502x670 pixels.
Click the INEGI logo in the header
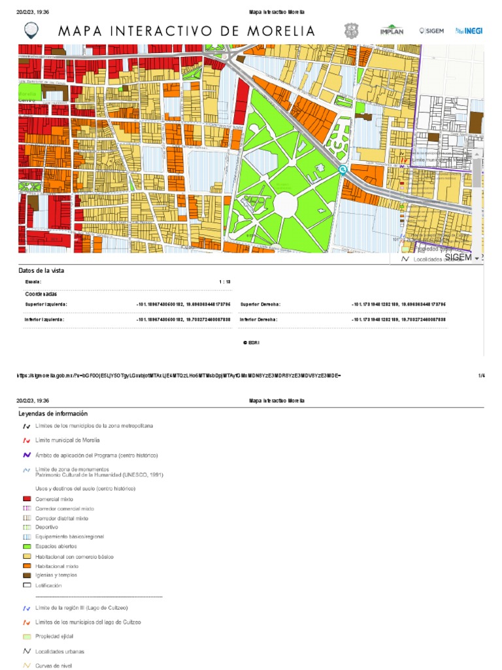pyautogui.click(x=469, y=31)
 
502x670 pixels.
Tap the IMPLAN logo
pyautogui.click(x=392, y=31)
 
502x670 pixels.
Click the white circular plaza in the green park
pyautogui.click(x=286, y=204)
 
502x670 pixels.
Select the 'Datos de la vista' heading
pyautogui.click(x=41, y=270)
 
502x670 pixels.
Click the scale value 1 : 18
pyautogui.click(x=224, y=281)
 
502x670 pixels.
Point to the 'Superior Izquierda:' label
pyautogui.click(x=46, y=304)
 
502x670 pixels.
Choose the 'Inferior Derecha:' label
pyautogui.click(x=259, y=319)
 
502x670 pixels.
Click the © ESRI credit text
pyautogui.click(x=251, y=342)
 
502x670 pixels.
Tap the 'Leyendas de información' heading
pyautogui.click(x=53, y=414)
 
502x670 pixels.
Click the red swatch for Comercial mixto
pyautogui.click(x=27, y=499)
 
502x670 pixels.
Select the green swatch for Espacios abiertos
pyautogui.click(x=27, y=546)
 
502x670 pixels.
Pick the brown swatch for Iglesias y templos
pyautogui.click(x=27, y=575)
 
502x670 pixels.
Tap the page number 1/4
pyautogui.click(x=481, y=376)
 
